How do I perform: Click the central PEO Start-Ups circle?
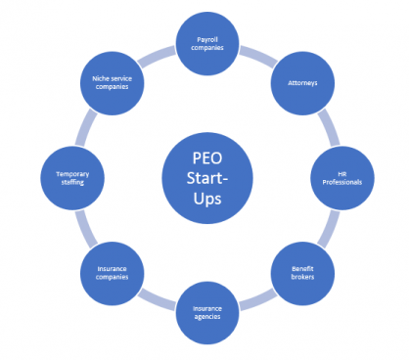tap(204, 175)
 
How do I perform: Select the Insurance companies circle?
tap(110, 272)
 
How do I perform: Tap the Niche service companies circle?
tap(110, 82)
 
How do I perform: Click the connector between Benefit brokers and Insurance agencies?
tap(255, 299)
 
